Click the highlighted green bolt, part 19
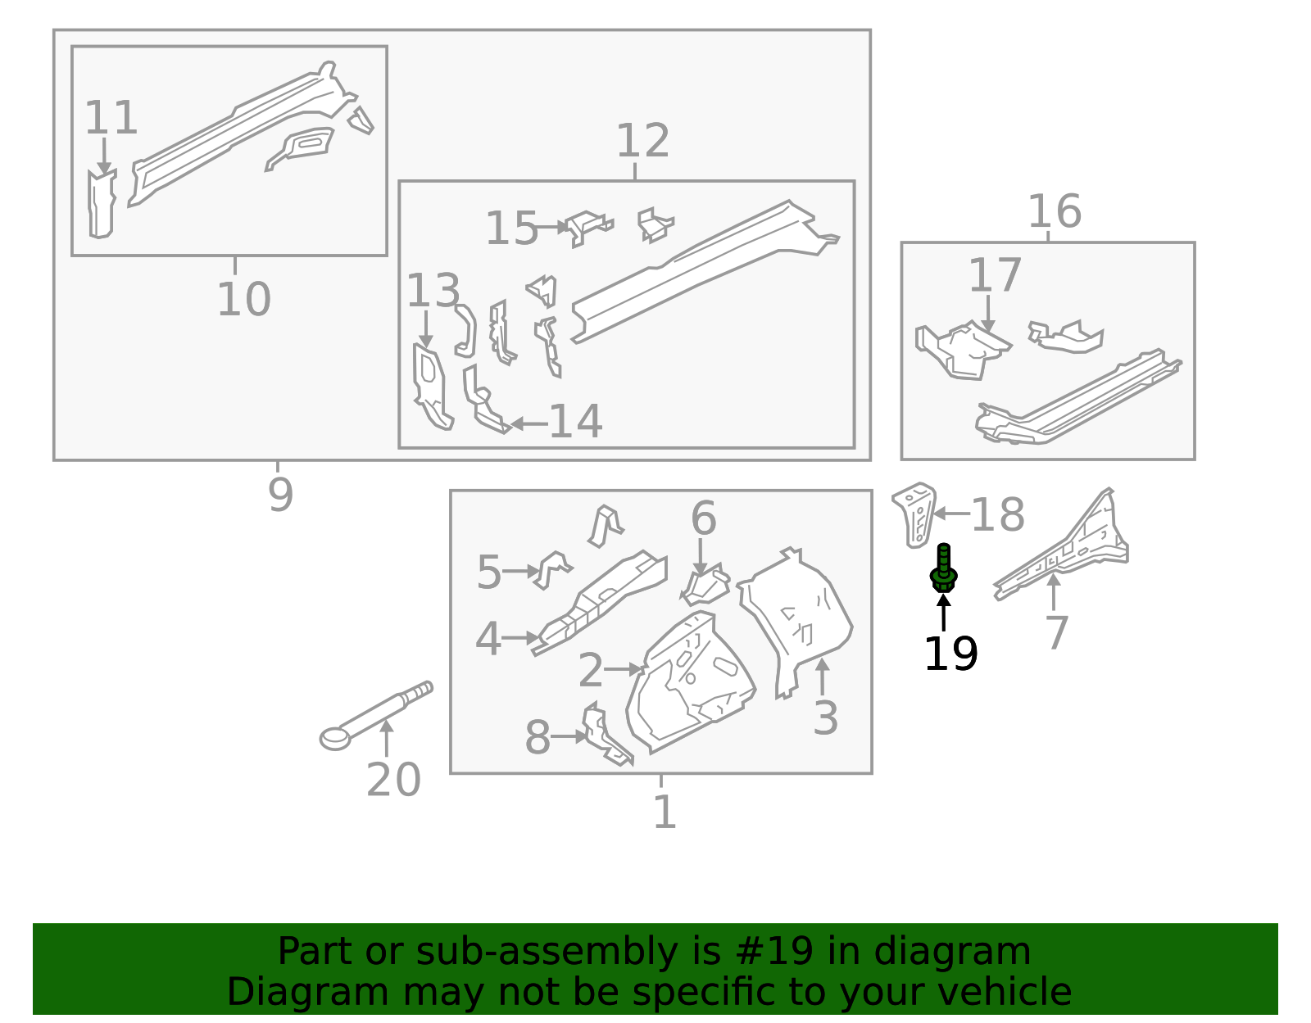(x=943, y=568)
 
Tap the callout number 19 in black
(x=950, y=654)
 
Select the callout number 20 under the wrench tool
(x=393, y=780)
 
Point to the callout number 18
(x=998, y=515)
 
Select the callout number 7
(x=1057, y=633)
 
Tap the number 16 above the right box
(x=1054, y=212)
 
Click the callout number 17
(x=995, y=276)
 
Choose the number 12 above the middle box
(x=642, y=142)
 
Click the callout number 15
(x=511, y=229)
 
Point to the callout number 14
(x=575, y=422)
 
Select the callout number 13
(x=433, y=292)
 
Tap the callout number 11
(x=111, y=119)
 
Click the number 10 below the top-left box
(x=243, y=300)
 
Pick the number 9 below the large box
(x=280, y=496)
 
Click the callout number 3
(x=825, y=718)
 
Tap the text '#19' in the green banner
(x=774, y=952)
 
